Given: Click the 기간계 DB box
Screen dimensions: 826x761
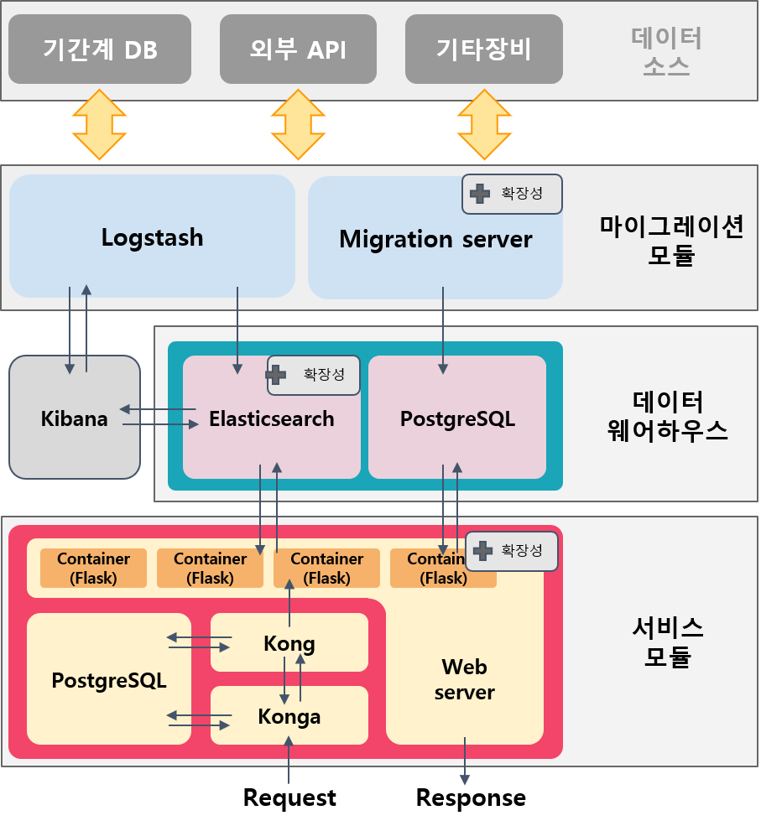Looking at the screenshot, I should pos(100,49).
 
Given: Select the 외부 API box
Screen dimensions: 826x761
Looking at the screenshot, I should pos(298,49).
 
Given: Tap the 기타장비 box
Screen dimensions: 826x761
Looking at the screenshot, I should pos(483,49).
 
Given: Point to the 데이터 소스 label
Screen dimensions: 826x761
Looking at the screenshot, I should pos(666,51).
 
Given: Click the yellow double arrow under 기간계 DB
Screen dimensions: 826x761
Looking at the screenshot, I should pos(99,125).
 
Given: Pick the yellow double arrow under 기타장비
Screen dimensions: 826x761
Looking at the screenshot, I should pos(483,125).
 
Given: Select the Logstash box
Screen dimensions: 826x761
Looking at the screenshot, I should pos(152,237).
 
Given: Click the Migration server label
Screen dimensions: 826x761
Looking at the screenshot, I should pos(435,240).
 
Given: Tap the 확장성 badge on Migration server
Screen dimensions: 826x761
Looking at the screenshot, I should pos(512,194).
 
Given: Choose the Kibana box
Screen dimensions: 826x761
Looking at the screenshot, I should pos(74,418).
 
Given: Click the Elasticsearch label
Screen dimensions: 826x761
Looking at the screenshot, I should pos(271,418).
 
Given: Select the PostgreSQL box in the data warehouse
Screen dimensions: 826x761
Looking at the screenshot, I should pos(457,418).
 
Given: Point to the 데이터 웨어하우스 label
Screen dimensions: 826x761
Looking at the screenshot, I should pos(666,416).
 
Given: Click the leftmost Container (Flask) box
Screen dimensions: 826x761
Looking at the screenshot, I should pos(93,569).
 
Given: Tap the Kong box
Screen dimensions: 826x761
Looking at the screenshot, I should pos(289,643).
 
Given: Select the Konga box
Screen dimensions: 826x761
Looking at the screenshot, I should pos(289,716).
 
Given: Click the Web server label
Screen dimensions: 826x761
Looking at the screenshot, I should pos(464,679).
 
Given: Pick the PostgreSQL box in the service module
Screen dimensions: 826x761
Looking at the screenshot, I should pos(109,679).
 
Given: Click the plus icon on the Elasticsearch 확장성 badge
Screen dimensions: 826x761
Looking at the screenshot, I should pos(276,375).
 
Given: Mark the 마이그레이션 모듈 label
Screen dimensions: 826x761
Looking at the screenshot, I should pos(671,240).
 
